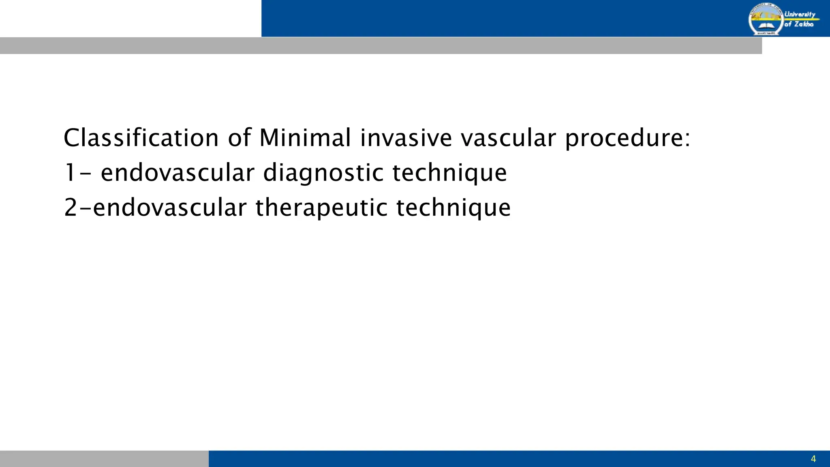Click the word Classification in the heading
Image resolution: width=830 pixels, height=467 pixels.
141,138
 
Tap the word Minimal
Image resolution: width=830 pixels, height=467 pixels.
305,138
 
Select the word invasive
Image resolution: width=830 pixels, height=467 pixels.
406,138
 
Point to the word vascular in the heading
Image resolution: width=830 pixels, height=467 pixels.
508,138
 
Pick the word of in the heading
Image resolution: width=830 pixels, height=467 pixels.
239,138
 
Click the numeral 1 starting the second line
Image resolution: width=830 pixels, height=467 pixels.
70,173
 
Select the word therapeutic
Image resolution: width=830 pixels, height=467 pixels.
322,208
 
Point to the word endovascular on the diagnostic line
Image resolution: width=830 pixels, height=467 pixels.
178,173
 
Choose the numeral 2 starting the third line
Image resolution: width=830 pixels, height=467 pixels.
71,208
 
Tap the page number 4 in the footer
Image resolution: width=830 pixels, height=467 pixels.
813,459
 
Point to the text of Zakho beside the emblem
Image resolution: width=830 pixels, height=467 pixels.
799,24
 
